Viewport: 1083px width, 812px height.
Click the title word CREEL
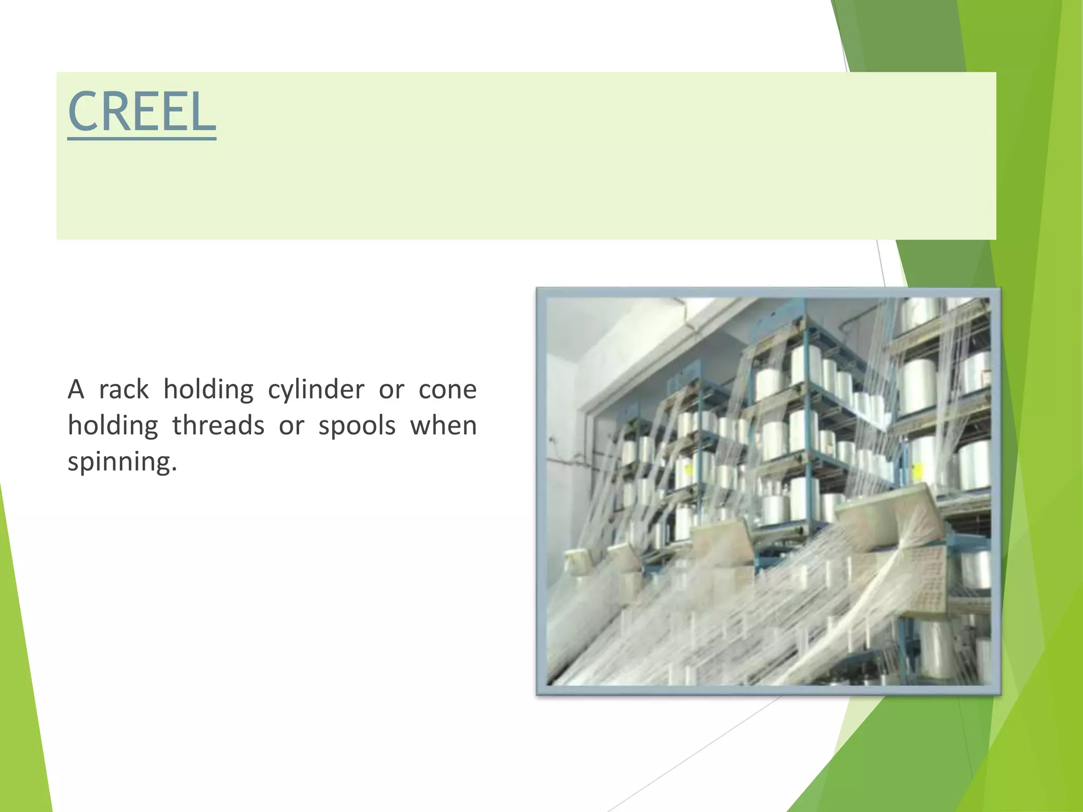(x=142, y=112)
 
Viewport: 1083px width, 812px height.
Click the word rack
(x=124, y=390)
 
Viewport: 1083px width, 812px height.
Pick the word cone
(x=447, y=390)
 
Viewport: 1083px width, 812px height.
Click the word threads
(x=218, y=426)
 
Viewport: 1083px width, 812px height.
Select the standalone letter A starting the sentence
(x=76, y=390)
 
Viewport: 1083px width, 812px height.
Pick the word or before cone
(x=391, y=390)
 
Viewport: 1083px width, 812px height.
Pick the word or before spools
(x=291, y=426)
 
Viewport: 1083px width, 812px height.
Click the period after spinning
(x=174, y=470)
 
